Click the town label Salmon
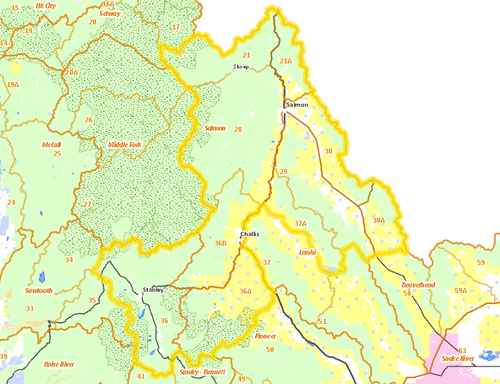pos(297,104)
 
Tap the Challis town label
pos(249,234)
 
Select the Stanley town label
pos(153,289)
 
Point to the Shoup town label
pos(240,67)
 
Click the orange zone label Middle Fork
pos(124,145)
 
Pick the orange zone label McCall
pos(51,145)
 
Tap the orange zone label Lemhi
pos(308,252)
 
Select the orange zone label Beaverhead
pos(418,284)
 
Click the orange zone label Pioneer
pos(265,336)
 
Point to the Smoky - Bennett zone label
pos(203,372)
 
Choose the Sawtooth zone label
pos(38,291)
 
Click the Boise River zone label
pos(59,364)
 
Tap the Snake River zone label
pos(458,358)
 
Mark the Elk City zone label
pos(46,5)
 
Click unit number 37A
pos(301,223)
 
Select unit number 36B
pos(221,243)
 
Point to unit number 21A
pos(286,61)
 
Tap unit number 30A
pos(379,220)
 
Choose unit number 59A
pos(460,291)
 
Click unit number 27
pos(87,204)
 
